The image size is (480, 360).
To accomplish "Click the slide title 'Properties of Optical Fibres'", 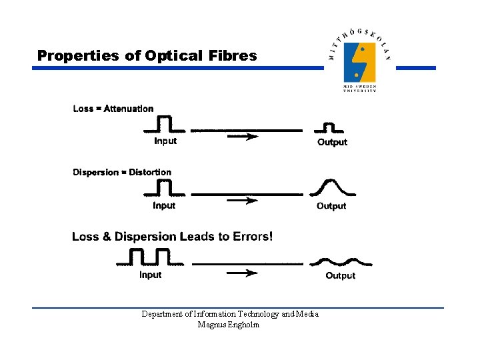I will coord(147,55).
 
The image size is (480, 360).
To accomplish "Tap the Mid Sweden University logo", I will coord(359,61).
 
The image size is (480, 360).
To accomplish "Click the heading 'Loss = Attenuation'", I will coord(113,109).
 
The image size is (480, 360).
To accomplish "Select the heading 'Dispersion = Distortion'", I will coord(122,172).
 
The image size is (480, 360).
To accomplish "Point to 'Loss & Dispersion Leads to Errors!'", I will coord(172,236).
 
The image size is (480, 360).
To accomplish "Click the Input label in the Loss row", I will coord(165,141).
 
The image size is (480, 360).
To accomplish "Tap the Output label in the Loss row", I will coord(332,142).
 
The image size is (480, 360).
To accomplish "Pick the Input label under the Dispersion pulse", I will coord(164,205).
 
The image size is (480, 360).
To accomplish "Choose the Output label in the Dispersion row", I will coord(331,206).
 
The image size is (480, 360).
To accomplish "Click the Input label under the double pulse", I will coord(151,275).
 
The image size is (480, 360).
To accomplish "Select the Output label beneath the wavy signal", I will coord(340,275).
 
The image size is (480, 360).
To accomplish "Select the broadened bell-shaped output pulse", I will coord(331,187).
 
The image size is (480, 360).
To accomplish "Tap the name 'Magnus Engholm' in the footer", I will coord(229,325).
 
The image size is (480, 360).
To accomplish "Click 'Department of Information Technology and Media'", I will coord(230,314).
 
